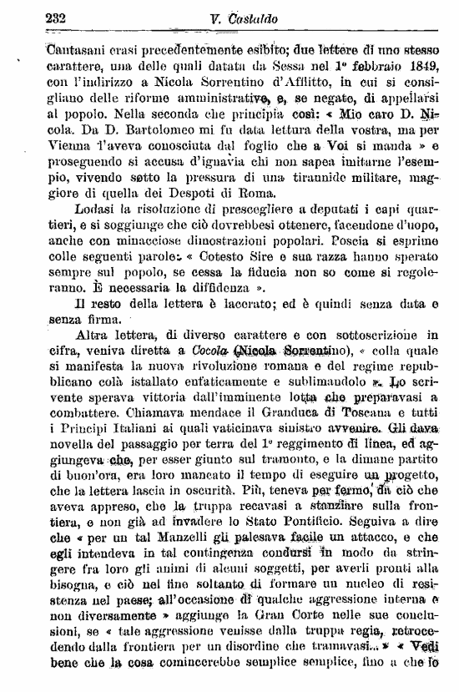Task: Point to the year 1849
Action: coord(423,65)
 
